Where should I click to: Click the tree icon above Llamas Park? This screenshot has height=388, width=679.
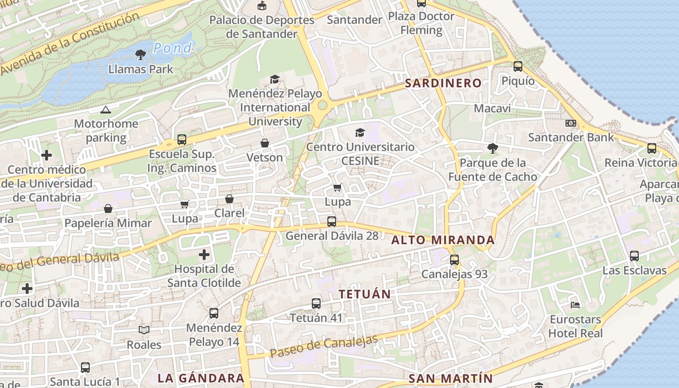(141, 54)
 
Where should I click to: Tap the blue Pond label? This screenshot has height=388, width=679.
(173, 48)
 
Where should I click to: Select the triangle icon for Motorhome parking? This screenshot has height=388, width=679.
(106, 110)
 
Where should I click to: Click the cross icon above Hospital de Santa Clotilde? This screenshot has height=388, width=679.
(204, 254)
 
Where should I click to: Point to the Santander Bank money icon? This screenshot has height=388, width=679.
(571, 123)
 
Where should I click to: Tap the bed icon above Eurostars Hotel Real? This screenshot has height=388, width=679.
(575, 305)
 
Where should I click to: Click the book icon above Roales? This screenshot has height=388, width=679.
(144, 330)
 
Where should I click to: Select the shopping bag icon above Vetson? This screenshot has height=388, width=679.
(265, 143)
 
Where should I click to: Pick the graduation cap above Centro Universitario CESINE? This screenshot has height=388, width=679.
(360, 132)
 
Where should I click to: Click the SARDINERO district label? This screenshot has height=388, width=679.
(443, 83)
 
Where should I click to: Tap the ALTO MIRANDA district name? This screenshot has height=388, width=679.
(443, 240)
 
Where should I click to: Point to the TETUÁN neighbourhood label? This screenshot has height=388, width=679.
(365, 294)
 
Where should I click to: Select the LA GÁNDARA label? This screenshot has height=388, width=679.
(201, 378)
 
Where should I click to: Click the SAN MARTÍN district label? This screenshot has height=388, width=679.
(451, 379)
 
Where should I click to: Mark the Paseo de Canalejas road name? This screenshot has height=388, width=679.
(323, 347)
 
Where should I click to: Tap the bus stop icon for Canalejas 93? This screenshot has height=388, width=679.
(454, 260)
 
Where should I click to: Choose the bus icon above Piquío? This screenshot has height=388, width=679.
(518, 66)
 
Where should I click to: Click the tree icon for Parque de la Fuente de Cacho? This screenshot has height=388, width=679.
(493, 148)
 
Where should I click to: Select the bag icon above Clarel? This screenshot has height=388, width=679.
(229, 199)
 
